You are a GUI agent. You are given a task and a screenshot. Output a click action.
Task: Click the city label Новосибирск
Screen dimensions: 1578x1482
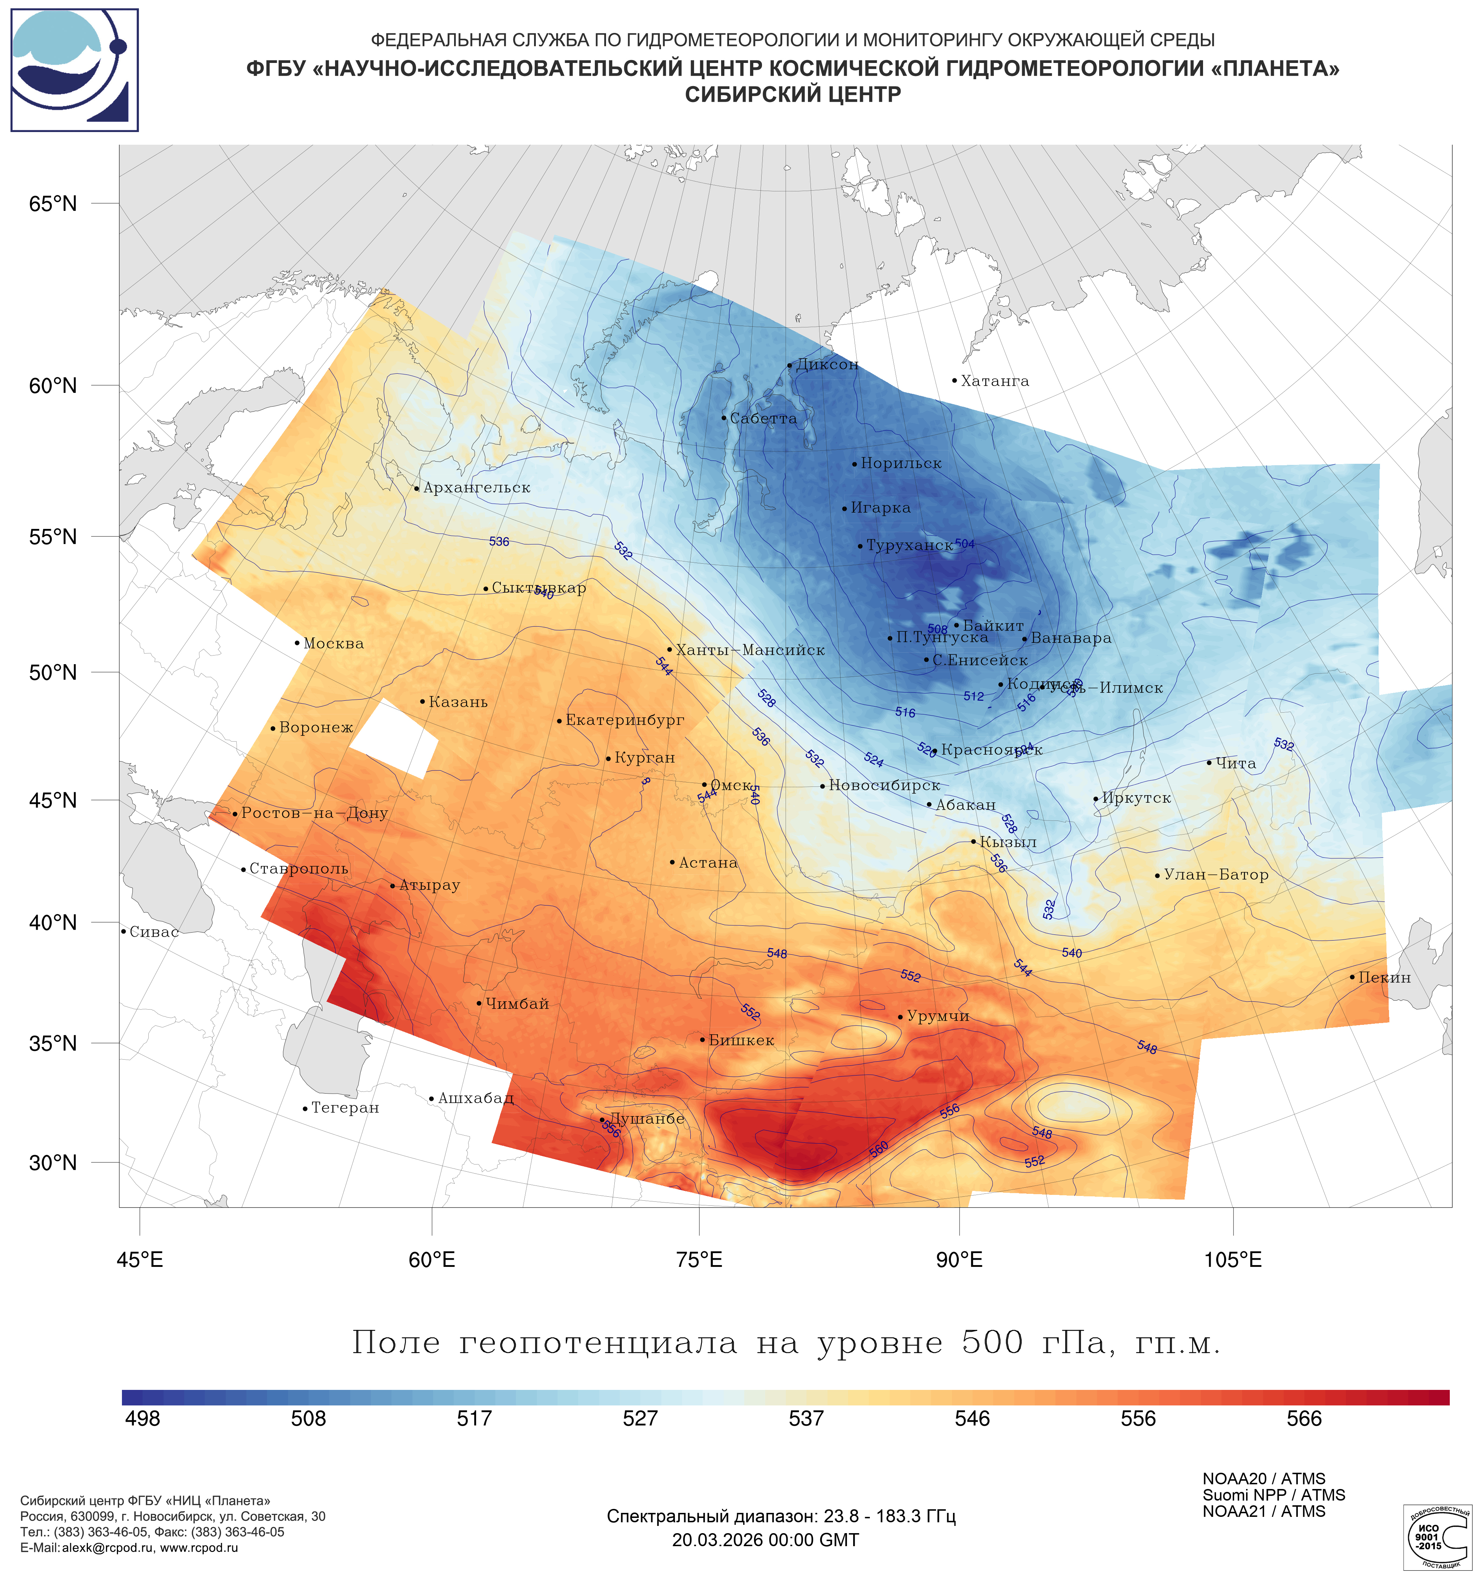tap(884, 786)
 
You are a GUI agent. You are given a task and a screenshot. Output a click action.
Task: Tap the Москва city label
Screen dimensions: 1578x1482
tap(333, 644)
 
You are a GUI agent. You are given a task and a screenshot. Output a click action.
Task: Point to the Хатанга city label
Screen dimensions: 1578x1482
tap(995, 381)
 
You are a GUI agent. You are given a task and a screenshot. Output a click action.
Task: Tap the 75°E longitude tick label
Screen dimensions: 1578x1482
tap(699, 1260)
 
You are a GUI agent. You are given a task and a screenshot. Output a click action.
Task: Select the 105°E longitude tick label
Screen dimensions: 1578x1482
tap(1233, 1260)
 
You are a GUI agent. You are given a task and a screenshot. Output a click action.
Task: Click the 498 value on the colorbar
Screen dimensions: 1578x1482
tap(143, 1418)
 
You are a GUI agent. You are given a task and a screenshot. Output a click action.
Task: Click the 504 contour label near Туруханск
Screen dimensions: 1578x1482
tap(965, 544)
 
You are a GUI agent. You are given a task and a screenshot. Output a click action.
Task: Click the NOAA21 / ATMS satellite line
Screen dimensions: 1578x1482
tap(1264, 1511)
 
